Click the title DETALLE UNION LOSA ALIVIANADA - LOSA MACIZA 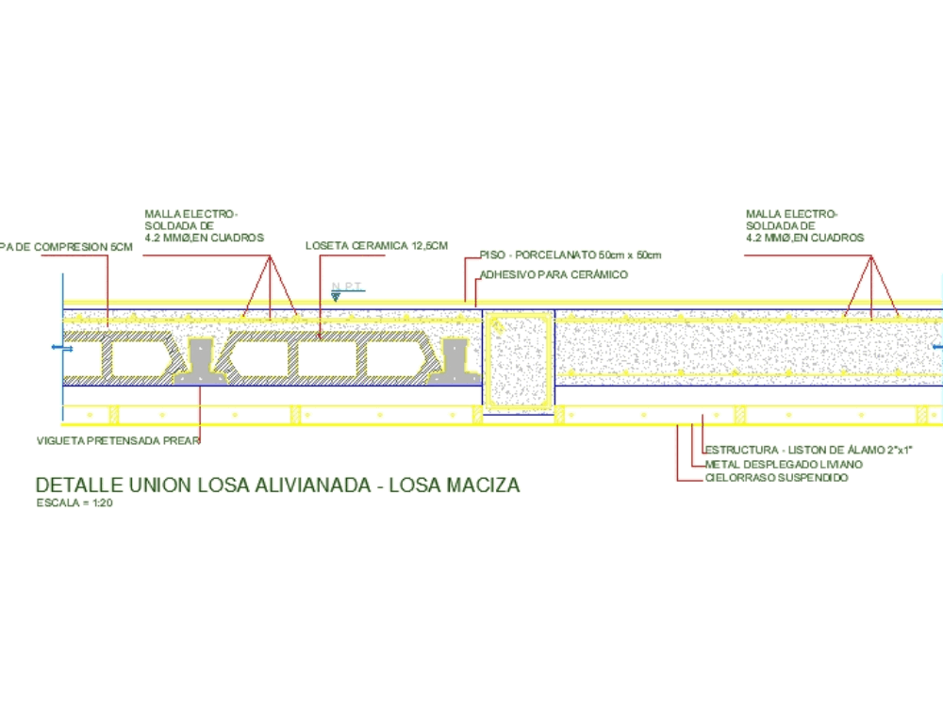tap(277, 486)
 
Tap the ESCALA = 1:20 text tap(74, 503)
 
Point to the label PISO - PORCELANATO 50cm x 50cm tap(571, 255)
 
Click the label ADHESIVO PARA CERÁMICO tap(554, 274)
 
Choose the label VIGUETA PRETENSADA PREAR tap(118, 440)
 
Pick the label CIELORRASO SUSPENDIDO tap(776, 479)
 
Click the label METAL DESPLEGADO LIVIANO tap(784, 464)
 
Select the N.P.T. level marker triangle tap(336, 296)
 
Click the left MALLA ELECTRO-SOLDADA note tap(203, 225)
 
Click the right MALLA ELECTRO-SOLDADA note tap(804, 225)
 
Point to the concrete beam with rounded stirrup tap(519, 362)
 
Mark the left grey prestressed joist tap(201, 362)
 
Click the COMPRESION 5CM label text tap(67, 247)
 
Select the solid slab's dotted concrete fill tap(745, 349)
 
